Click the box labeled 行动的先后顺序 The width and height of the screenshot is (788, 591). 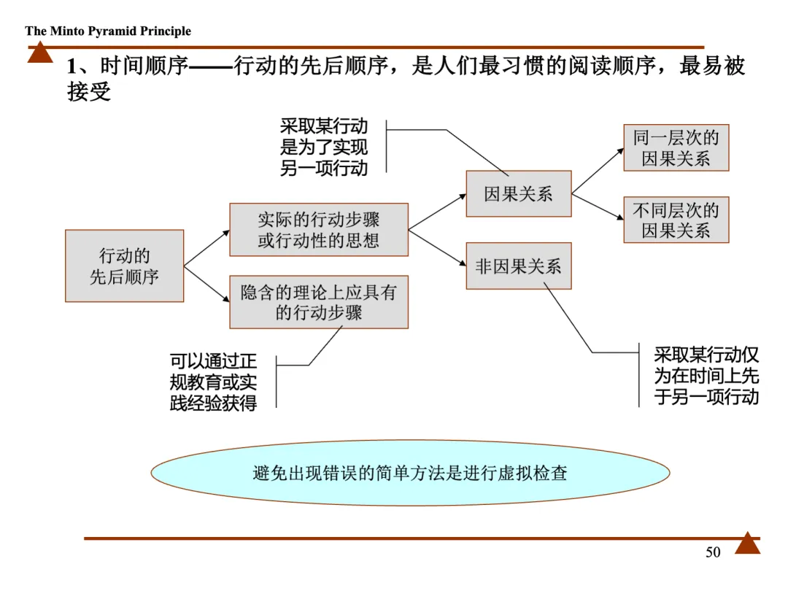124,266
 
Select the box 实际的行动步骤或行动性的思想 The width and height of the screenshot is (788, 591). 319,230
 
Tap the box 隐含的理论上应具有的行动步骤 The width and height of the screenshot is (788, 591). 319,302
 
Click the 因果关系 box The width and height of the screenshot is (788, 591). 519,194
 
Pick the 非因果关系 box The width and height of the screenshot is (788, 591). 519,266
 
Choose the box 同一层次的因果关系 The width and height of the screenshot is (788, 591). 676,148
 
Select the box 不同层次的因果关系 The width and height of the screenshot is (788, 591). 676,220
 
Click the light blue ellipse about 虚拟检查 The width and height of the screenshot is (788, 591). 410,473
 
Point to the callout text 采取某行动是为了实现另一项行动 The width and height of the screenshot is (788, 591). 324,147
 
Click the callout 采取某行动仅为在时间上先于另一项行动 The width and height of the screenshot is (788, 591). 706,376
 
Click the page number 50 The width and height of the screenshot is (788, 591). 713,552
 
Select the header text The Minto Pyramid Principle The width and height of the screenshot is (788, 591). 108,31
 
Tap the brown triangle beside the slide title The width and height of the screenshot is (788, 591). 40,53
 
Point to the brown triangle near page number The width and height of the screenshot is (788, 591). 747,544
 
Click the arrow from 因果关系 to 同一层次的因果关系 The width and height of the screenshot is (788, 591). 598,170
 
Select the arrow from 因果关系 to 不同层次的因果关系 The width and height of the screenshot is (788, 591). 598,207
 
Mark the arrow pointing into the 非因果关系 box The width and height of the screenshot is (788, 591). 438,248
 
